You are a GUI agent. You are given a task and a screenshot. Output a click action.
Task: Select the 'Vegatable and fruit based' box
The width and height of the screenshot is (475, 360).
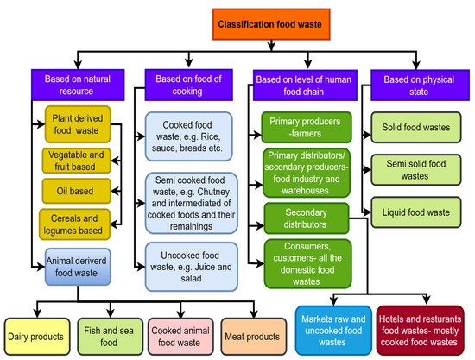[79, 161]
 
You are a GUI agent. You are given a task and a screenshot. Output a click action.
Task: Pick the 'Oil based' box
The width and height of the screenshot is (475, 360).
[79, 189]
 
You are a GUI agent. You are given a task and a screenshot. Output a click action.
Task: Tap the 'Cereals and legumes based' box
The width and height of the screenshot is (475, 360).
[79, 224]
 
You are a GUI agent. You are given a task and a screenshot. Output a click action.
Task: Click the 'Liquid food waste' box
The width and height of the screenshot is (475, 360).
[415, 212]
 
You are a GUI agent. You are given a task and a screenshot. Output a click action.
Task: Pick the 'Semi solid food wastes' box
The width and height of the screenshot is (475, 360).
[415, 169]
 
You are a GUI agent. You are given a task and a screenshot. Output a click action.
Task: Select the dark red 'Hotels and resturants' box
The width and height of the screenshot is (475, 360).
[419, 329]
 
